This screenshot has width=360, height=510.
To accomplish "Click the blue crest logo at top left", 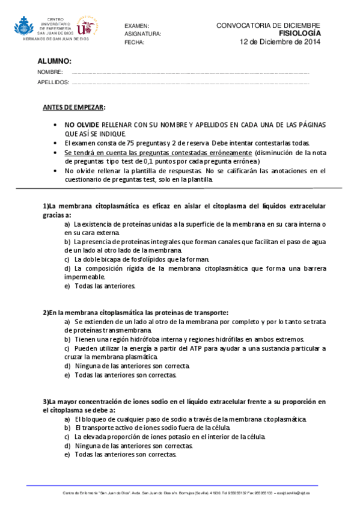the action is (25, 27).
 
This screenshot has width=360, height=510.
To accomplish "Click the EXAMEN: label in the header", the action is (136, 26).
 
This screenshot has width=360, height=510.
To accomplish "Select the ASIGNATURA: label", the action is (143, 34).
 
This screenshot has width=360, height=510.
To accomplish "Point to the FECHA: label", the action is (135, 43).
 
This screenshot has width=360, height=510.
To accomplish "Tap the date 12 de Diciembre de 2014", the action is (280, 42).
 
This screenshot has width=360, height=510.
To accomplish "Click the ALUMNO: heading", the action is (54, 61).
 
